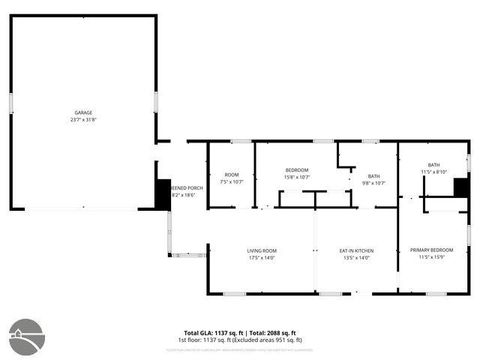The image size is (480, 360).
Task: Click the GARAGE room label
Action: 84,113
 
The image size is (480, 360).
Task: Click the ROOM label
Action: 231,175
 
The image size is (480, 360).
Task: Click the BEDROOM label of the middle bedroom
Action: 297,169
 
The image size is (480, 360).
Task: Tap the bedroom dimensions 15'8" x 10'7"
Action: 297,177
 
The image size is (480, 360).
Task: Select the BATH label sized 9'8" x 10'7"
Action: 373,176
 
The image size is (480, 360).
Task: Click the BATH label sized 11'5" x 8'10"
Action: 433,165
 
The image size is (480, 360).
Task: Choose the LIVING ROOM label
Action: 263,250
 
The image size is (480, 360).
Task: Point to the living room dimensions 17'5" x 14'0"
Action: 263,258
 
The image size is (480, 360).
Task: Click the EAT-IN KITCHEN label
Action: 357,250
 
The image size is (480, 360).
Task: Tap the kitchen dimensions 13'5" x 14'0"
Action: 357,258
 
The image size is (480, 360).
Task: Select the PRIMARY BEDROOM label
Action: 432,250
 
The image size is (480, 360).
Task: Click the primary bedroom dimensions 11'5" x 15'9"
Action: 432,258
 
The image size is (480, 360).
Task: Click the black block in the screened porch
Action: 163,193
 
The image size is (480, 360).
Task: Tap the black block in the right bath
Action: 461,186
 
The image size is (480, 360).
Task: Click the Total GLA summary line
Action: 241,332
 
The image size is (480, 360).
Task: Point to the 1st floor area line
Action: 241,340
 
